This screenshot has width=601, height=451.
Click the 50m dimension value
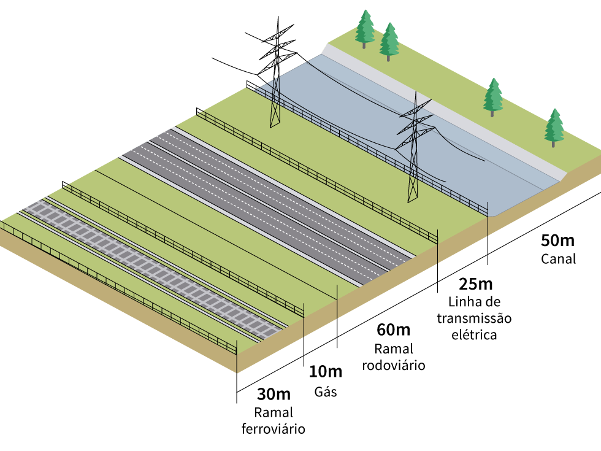click(558, 241)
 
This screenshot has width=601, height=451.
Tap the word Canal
click(558, 259)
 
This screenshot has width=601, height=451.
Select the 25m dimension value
click(476, 285)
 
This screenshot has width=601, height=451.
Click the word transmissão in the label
click(473, 319)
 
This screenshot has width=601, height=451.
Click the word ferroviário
click(274, 428)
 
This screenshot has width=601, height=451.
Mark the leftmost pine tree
click(365, 28)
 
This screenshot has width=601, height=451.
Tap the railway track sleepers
click(153, 264)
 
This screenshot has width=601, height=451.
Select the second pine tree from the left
click(389, 41)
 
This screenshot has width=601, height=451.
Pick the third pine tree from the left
click(493, 96)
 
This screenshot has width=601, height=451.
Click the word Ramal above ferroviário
click(274, 412)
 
